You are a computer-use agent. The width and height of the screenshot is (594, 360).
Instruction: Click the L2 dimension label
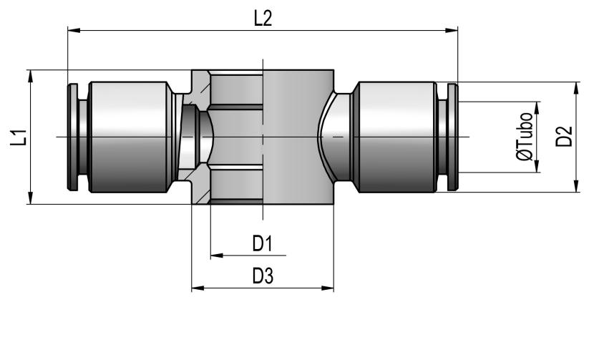(263, 19)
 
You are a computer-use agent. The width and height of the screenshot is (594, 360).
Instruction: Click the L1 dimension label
(19, 137)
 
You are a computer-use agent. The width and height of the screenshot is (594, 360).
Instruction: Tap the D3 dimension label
(263, 276)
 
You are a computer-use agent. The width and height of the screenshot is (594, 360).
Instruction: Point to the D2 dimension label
(564, 137)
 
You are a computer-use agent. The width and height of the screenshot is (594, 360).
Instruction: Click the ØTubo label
(525, 137)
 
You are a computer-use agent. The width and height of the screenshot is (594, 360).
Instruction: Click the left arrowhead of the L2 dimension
(74, 30)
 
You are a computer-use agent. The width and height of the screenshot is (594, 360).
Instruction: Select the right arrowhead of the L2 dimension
(452, 30)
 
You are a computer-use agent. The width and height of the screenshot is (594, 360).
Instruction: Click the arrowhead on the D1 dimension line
(217, 256)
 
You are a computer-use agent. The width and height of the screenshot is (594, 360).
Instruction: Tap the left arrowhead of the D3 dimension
(198, 288)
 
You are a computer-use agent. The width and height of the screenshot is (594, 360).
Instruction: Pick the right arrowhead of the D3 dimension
(328, 288)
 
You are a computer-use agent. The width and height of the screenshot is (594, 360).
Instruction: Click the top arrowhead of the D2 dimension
(577, 88)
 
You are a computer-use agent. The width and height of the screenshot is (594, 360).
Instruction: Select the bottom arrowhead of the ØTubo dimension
(537, 167)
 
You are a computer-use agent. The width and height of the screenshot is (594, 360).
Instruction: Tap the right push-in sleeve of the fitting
(396, 137)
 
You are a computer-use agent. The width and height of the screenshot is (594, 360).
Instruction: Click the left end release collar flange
(72, 137)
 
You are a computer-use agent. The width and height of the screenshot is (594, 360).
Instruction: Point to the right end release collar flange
(453, 137)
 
